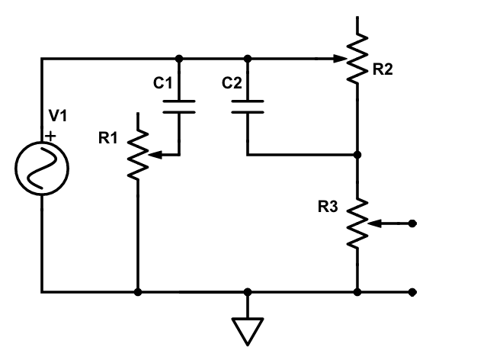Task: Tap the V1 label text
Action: [58, 115]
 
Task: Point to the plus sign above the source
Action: [50, 136]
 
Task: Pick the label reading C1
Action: [163, 82]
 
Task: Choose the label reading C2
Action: [232, 82]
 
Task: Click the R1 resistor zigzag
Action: [137, 153]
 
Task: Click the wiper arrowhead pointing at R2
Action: [340, 58]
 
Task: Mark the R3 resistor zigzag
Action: [357, 223]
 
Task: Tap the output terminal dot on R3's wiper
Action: [412, 223]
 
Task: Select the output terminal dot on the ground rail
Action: [412, 292]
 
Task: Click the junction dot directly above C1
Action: [179, 58]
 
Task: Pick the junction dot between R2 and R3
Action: [357, 154]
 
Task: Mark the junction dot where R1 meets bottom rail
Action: [137, 292]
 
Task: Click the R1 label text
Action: [107, 138]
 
